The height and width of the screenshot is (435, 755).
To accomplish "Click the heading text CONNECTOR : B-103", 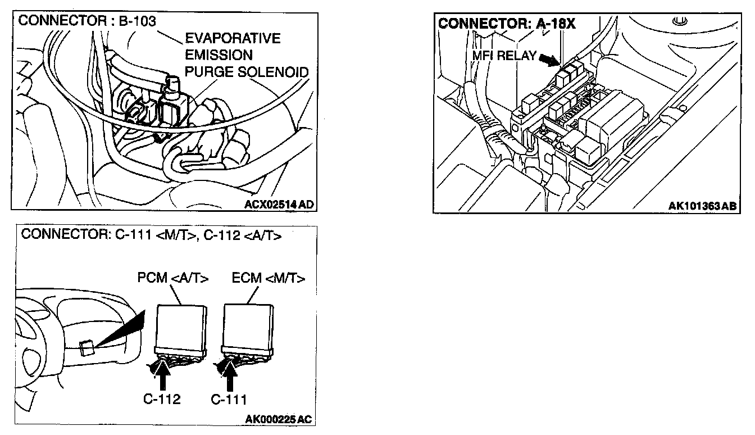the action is pyautogui.click(x=87, y=22).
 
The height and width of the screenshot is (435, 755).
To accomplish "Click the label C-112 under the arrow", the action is pyautogui.click(x=161, y=400).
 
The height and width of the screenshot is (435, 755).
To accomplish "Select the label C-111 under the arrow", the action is pyautogui.click(x=229, y=400).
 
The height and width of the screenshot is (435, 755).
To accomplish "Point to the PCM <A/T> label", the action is pyautogui.click(x=173, y=278).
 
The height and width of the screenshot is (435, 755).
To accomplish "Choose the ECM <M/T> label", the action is pyautogui.click(x=268, y=278).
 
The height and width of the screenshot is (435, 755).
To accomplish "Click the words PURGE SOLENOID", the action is pyautogui.click(x=247, y=72).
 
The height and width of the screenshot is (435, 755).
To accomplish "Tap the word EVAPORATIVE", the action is pyautogui.click(x=233, y=39).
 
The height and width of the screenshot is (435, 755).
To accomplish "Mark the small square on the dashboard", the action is pyautogui.click(x=87, y=348).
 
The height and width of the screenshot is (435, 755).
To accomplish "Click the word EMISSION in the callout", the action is pyautogui.click(x=219, y=56).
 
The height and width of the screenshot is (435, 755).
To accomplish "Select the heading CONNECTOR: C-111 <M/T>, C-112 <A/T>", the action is pyautogui.click(x=151, y=235).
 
